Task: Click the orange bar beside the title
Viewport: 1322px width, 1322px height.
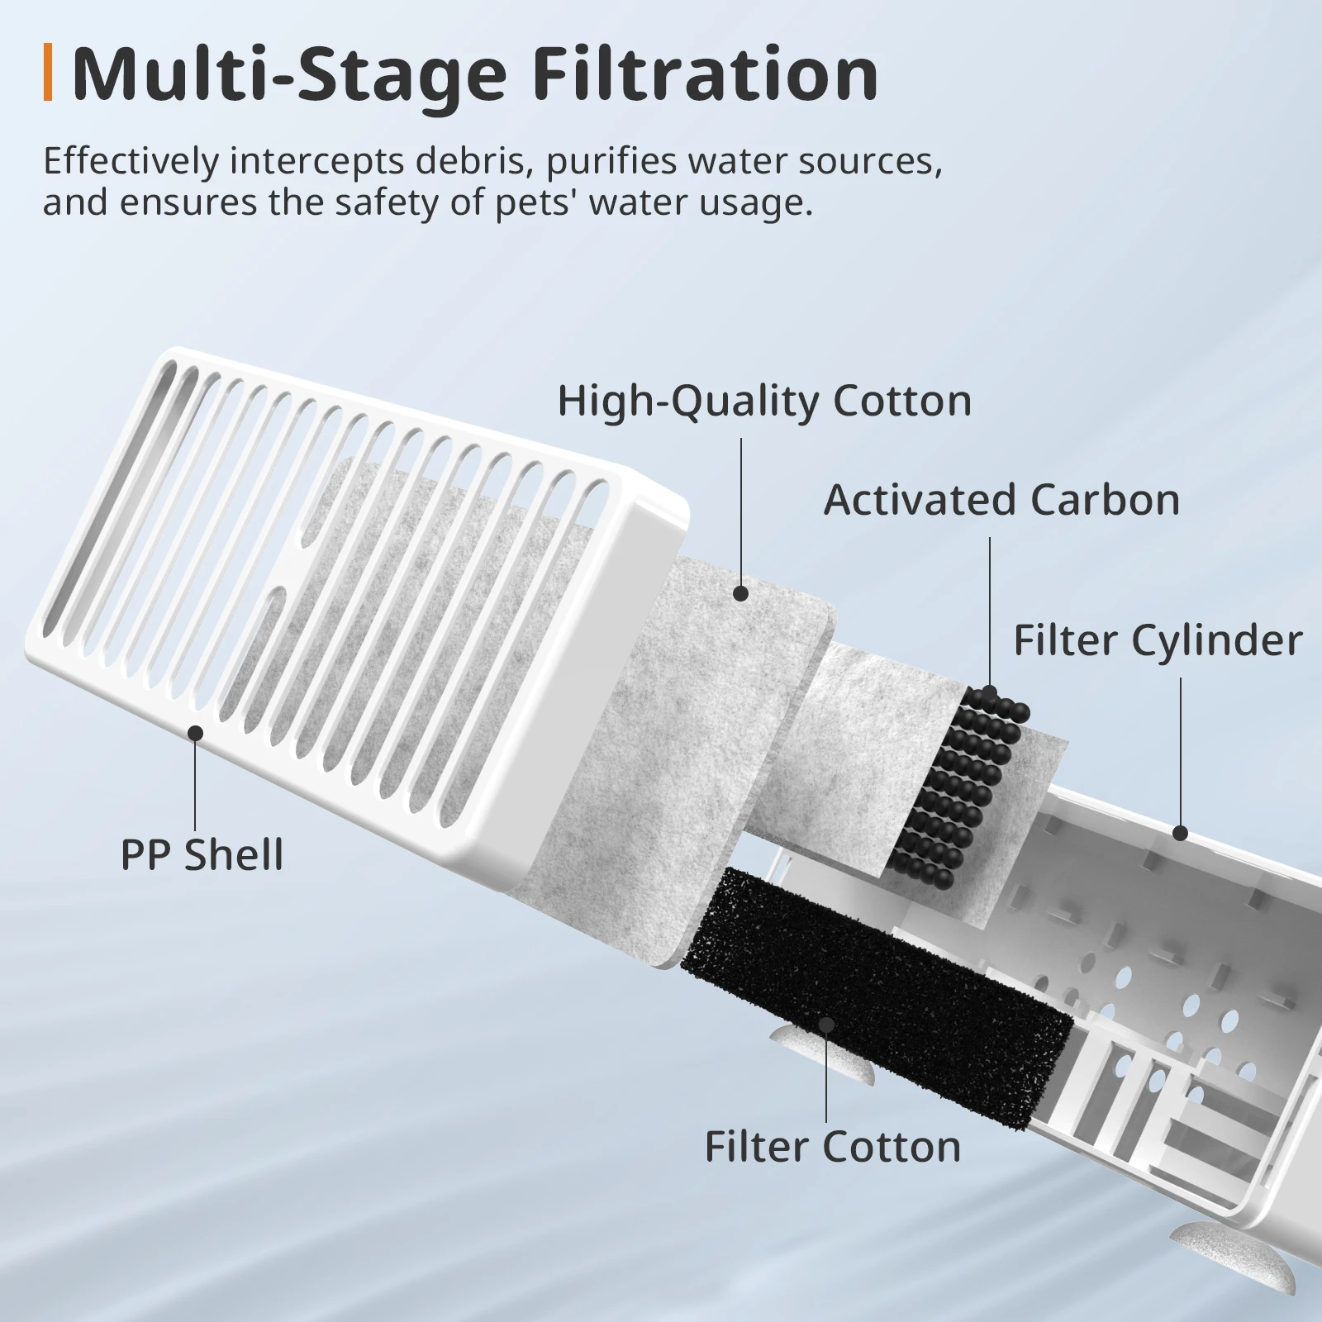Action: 47,74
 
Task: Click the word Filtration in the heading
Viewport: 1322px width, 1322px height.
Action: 705,74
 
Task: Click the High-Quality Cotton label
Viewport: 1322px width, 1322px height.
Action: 764,402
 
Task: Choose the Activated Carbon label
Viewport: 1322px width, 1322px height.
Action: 1001,500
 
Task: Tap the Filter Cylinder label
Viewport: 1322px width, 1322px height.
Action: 1158,640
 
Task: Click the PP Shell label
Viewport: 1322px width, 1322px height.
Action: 202,854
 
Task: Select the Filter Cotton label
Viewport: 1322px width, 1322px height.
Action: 832,1147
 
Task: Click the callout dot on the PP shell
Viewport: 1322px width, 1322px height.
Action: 196,733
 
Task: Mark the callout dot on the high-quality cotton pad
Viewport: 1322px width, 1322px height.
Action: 741,592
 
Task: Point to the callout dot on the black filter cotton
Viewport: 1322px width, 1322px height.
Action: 826,1025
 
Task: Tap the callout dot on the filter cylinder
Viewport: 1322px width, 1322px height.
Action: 1181,834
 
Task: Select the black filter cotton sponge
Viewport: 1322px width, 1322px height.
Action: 876,999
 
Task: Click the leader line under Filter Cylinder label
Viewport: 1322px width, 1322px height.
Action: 1181,751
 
